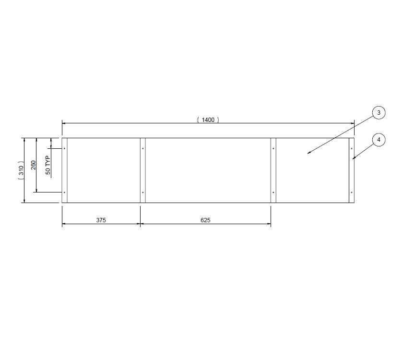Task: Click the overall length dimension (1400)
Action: [208, 120]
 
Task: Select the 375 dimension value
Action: [101, 220]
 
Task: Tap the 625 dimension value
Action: [205, 220]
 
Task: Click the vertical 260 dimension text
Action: [33, 165]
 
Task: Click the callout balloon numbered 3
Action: [379, 113]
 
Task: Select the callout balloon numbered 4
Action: [379, 140]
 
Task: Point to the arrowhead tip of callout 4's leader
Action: [353, 159]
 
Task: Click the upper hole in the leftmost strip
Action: [65, 149]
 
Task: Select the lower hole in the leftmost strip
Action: [65, 192]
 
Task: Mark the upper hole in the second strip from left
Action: [142, 149]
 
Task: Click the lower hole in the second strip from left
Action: [142, 192]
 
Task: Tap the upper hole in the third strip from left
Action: [273, 149]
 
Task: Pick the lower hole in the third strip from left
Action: [273, 192]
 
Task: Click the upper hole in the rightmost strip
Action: [352, 149]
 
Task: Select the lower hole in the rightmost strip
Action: [352, 192]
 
